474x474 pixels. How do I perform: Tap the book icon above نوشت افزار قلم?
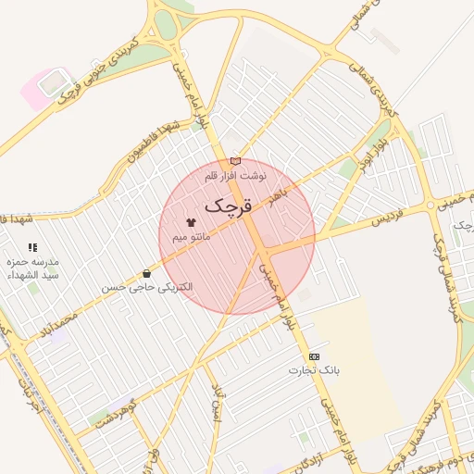pos(235,161)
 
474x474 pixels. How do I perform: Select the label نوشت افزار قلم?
pos(235,174)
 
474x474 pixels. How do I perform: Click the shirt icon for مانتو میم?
pos(192,223)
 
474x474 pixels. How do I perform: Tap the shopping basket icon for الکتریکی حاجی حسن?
pos(147,273)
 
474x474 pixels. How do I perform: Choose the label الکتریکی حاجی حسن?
pos(147,287)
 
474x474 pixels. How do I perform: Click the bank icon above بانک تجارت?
pos(314,356)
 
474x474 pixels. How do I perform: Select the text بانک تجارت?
pos(314,370)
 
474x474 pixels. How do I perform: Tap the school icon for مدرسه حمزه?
pos(33,247)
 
